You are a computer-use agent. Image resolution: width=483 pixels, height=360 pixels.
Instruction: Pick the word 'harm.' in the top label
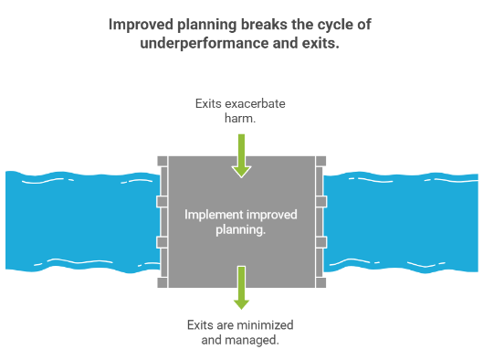click(241, 120)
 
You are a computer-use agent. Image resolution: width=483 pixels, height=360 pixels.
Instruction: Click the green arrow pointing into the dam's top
click(241, 154)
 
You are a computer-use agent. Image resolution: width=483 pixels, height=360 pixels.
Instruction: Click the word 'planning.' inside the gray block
click(241, 231)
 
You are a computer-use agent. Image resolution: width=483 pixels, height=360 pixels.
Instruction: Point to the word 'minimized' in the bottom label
click(268, 325)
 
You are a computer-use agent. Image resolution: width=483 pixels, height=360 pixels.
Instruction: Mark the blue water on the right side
click(402, 220)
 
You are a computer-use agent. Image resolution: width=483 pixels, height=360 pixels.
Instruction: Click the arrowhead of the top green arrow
click(241, 169)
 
